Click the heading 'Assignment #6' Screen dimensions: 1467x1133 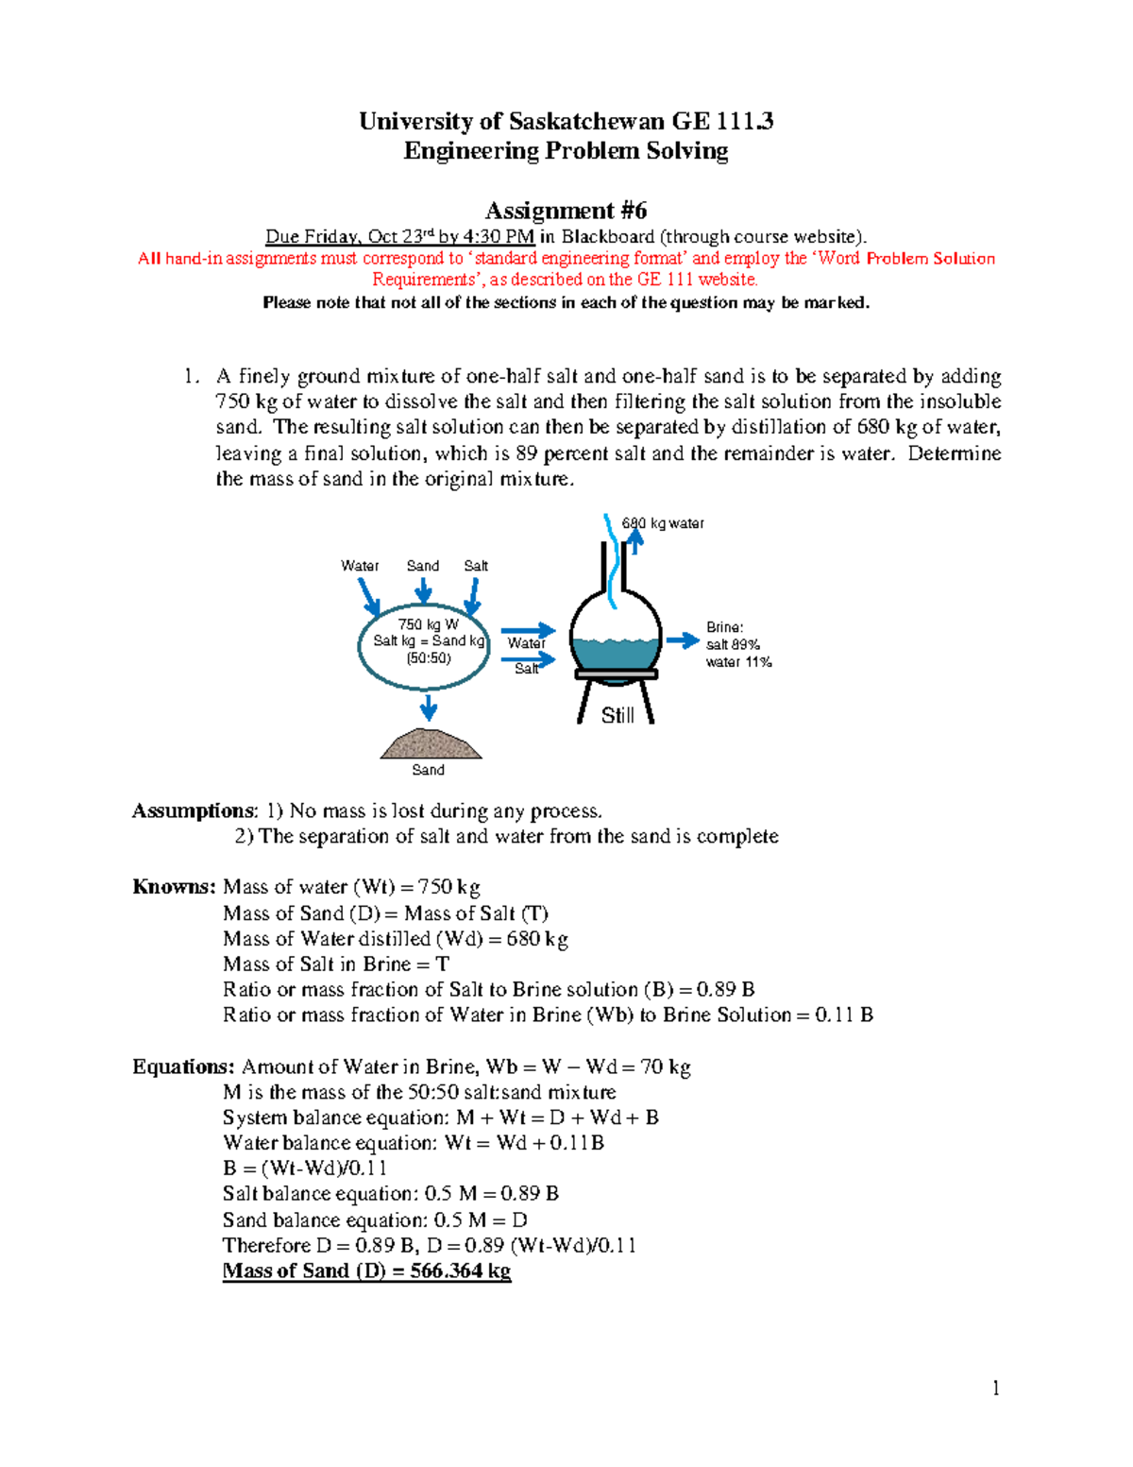566,210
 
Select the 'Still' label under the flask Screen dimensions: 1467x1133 617,716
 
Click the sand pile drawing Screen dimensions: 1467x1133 431,744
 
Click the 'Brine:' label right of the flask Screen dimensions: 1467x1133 725,627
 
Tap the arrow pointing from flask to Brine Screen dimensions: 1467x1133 683,641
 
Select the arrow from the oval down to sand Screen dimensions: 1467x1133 429,708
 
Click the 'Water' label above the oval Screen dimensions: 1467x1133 360,566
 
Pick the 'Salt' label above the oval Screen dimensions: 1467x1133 476,566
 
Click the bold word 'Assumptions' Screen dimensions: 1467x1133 193,811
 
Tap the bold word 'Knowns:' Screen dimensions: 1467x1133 174,887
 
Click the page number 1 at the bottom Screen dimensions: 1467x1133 995,1388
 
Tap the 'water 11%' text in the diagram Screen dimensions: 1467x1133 738,662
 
